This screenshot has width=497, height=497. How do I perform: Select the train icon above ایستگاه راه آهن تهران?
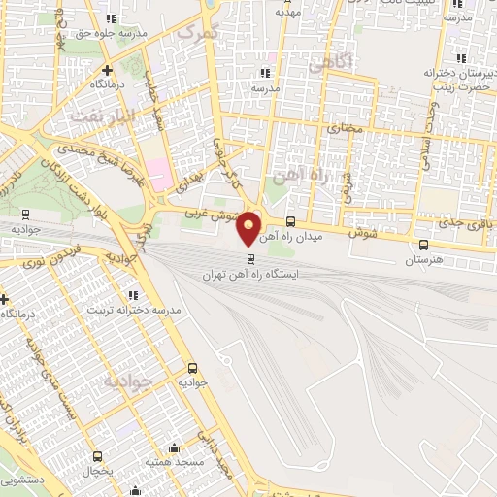click(251, 259)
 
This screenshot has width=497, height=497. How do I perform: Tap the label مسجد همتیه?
click(176, 463)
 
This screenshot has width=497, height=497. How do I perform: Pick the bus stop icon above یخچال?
click(97, 455)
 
